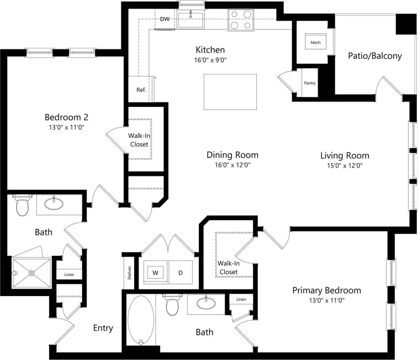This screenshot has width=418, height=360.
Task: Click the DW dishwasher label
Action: click(x=164, y=19)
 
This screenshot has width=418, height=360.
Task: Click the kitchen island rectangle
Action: click(x=230, y=92)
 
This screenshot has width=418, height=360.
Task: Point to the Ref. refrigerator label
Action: click(x=141, y=90)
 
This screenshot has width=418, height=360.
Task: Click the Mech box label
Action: click(x=315, y=42)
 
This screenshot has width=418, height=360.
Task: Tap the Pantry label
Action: click(x=310, y=83)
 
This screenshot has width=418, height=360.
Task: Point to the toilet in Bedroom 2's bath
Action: click(x=22, y=206)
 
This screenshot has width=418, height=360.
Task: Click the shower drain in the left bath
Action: click(x=32, y=273)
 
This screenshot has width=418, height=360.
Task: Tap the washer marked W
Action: click(x=155, y=273)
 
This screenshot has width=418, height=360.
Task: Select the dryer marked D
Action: click(x=180, y=273)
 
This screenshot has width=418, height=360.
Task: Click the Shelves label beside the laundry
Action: click(x=130, y=273)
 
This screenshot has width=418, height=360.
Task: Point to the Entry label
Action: click(x=103, y=328)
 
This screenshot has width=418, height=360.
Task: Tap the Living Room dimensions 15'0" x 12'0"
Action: click(x=344, y=166)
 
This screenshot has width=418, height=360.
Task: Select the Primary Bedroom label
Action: click(x=326, y=290)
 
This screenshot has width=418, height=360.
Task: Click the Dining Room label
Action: click(x=232, y=155)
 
